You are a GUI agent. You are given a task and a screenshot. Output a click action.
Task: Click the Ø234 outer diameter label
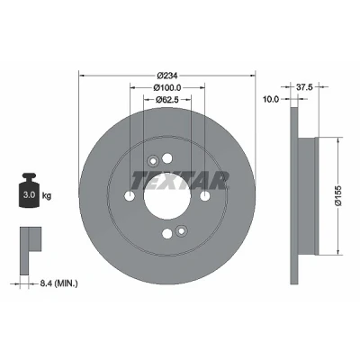point(167,76)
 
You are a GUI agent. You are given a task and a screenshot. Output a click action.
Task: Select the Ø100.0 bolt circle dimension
point(167,87)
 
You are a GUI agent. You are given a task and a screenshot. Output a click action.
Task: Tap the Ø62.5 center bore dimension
point(167,100)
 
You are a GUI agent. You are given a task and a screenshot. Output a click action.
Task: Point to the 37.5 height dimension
point(304,87)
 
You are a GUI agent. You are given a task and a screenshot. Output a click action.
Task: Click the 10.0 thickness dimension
point(271,99)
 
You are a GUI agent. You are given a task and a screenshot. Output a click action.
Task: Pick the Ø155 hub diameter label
point(338,195)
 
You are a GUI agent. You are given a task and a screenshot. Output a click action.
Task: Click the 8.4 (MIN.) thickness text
point(58,283)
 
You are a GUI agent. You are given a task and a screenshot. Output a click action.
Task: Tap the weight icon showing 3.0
point(29,190)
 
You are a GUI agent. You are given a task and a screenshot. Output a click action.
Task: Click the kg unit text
point(47,196)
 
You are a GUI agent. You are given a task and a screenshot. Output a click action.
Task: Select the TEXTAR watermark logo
point(180,181)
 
